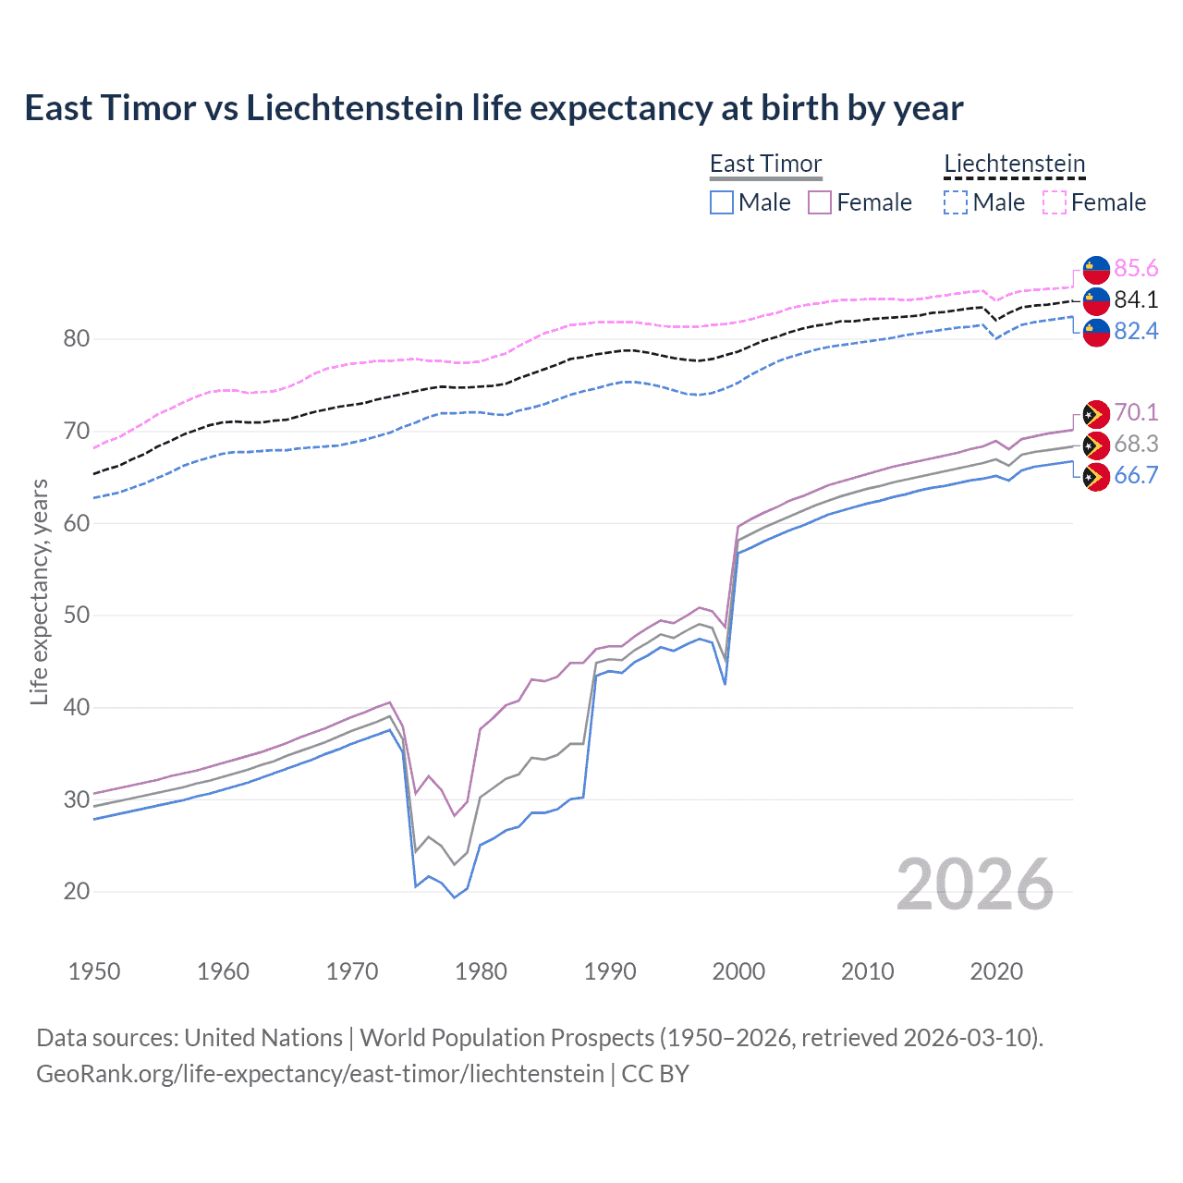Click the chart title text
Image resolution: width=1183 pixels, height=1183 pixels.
point(494,108)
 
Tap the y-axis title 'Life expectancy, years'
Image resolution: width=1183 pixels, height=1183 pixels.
point(39,591)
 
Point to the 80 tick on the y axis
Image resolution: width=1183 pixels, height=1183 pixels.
point(77,339)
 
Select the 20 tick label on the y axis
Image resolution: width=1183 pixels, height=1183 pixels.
point(77,892)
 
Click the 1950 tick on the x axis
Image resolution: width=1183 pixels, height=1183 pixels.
point(94,971)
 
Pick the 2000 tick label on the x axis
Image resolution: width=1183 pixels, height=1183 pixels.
point(738,971)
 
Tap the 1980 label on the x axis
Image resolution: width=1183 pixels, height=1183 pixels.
point(481,971)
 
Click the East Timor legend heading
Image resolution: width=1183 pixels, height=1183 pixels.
point(765,164)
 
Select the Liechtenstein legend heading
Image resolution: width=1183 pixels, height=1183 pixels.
point(1014,164)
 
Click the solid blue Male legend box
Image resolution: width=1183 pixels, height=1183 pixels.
point(722,202)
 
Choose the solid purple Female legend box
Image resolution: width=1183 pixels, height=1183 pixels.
point(820,202)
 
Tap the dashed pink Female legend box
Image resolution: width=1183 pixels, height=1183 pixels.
point(1055,202)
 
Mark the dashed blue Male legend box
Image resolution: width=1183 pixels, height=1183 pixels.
point(956,202)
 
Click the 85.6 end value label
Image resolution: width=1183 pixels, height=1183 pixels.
point(1136,268)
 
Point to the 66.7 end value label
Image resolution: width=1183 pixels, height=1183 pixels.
point(1136,475)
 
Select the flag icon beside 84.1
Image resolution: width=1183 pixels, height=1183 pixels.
point(1096,300)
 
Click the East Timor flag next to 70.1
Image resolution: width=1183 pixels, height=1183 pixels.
point(1096,413)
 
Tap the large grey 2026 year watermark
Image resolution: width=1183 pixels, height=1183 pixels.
point(975,884)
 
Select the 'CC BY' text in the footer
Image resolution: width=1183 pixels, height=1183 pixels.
point(655,1074)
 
